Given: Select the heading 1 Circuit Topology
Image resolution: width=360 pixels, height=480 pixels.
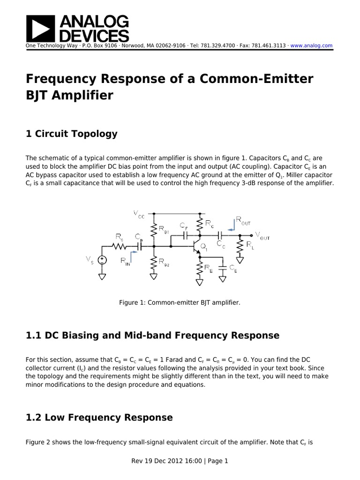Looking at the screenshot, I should pos(72,134).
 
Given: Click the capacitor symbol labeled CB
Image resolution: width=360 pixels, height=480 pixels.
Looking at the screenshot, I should pos(139,245).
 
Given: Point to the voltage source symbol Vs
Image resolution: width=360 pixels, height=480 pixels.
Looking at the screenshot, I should pos(102,260).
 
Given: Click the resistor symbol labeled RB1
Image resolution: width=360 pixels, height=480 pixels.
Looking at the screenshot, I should pos(153,229).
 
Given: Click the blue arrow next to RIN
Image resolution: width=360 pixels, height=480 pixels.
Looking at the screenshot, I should pos(135,254).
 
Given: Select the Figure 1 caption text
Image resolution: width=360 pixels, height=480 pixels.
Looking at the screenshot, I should pos(180,303).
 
